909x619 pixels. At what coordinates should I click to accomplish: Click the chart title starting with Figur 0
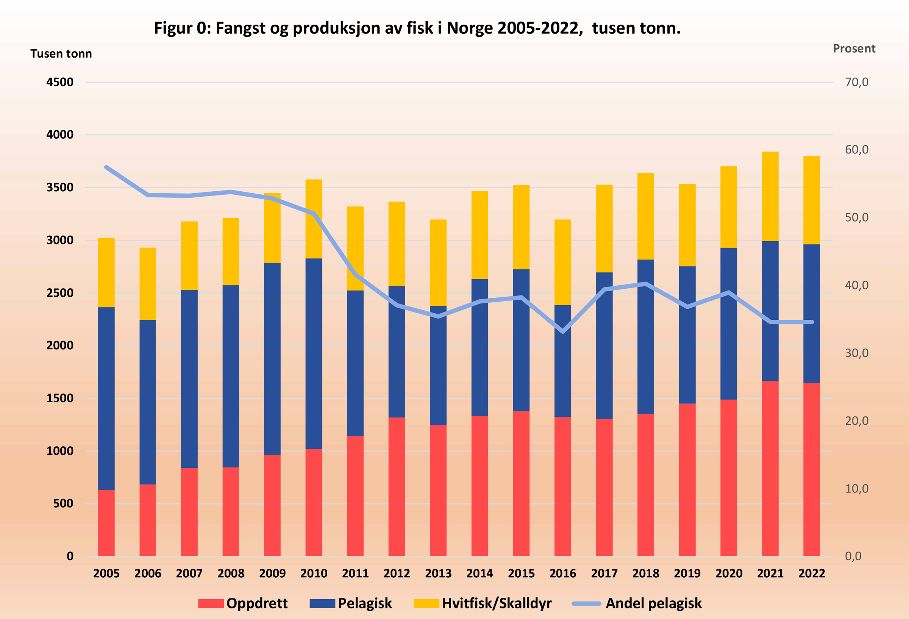pos(417,28)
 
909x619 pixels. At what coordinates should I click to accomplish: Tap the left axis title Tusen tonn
pos(61,54)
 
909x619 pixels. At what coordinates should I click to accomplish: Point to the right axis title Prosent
pos(854,48)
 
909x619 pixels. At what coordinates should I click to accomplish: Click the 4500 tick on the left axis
pos(60,82)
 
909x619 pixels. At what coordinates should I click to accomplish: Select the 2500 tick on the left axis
pos(60,293)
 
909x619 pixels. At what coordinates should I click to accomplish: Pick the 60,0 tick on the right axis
pos(856,150)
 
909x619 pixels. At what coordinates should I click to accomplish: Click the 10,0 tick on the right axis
pos(856,488)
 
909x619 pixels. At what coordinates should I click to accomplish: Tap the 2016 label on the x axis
pos(562,574)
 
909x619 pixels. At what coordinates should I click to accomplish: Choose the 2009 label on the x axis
pos(272,574)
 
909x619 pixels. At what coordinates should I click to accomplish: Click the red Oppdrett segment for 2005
pos(106,523)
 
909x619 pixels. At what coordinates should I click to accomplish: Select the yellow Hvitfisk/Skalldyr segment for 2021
pos(770,197)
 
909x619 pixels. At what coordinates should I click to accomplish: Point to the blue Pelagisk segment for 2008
pos(231,376)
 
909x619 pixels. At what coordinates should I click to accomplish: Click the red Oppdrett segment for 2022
pos(812,469)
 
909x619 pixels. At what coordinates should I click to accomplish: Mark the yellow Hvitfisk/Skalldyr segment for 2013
pos(438,263)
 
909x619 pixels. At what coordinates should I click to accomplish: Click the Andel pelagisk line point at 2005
pos(106,167)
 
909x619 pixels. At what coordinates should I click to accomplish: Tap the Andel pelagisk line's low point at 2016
pos(562,331)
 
